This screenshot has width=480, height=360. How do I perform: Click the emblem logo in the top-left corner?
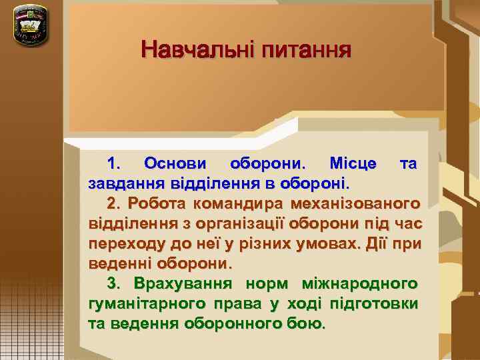tap(30, 25)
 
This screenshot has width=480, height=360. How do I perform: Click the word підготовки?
tap(377, 304)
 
